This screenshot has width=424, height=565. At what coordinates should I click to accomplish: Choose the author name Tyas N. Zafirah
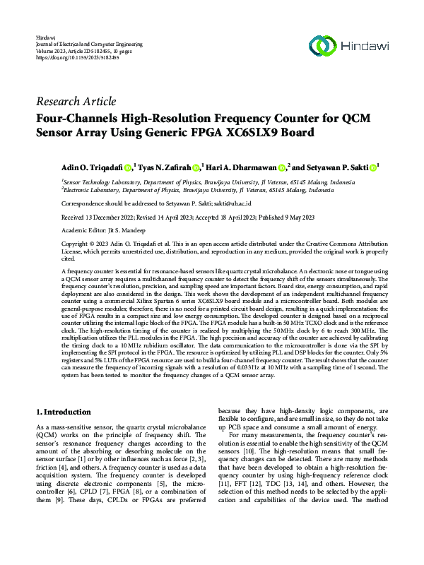coord(163,167)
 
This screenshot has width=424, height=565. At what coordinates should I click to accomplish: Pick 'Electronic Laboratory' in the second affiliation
coord(92,190)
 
